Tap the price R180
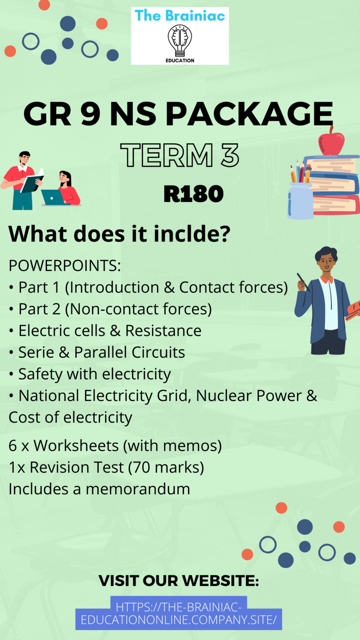pos(194,194)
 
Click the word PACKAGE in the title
pos(249,114)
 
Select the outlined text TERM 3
pos(180,155)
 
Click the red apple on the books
pos(331,143)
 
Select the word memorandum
pos(138,489)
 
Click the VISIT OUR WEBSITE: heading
pos(179,581)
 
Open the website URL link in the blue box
pos(179,613)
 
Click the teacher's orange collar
pos(327,280)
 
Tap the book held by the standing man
pos(32,182)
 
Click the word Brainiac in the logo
pos(195,16)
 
